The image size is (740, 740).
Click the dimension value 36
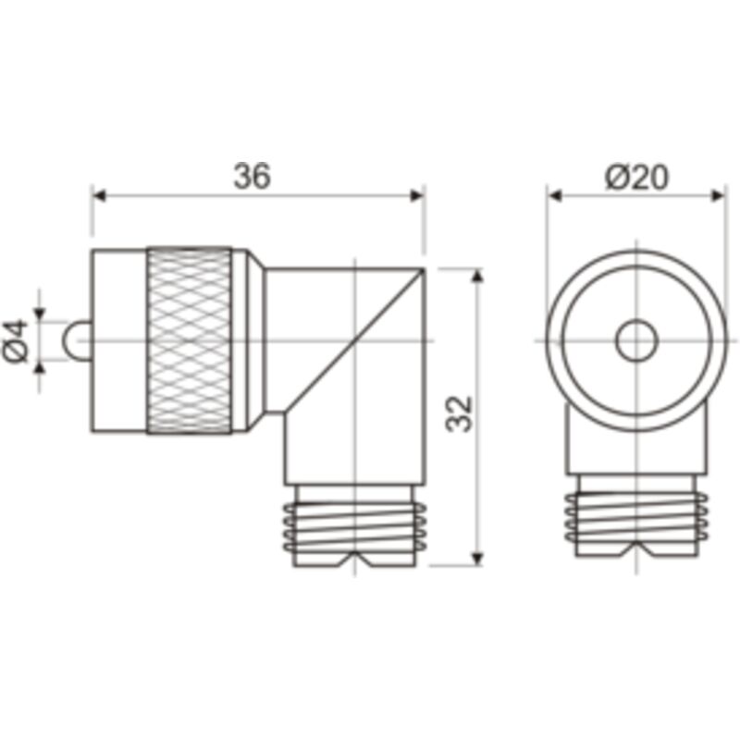252,176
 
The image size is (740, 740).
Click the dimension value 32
460,413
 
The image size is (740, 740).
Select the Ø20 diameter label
637,176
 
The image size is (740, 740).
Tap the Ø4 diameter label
18,340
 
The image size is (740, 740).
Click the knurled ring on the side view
190,340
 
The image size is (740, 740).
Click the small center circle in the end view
635,340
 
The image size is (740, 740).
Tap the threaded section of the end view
635,524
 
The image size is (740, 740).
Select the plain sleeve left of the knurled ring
118,340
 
